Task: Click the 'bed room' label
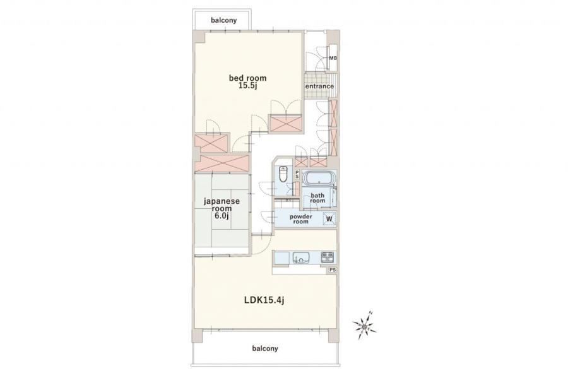[247, 78]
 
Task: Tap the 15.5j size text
[247, 86]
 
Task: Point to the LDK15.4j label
[264, 300]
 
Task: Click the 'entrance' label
[319, 86]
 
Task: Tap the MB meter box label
[333, 58]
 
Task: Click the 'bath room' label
[317, 198]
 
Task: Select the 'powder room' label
[300, 219]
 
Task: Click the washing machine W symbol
[329, 219]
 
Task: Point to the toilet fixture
[283, 174]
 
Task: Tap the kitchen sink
[301, 258]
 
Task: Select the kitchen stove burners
[328, 257]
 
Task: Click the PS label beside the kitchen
[333, 269]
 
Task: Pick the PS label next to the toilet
[297, 175]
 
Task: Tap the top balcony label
[223, 20]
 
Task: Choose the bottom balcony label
[265, 348]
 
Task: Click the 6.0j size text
[222, 216]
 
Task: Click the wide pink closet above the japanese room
[222, 163]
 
